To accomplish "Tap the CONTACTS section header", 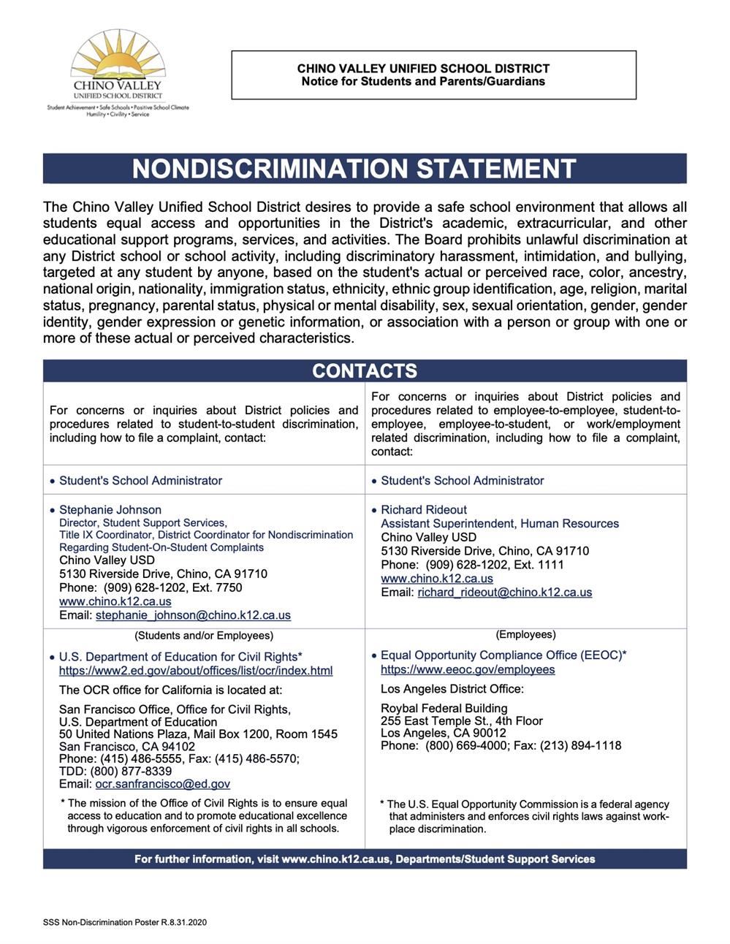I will tap(364, 370).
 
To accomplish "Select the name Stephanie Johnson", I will tap(110, 509).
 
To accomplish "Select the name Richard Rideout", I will tap(423, 509).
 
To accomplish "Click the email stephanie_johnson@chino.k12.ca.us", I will tap(193, 615).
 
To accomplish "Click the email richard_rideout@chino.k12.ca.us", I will tap(504, 592).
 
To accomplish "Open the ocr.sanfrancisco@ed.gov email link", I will tap(162, 783).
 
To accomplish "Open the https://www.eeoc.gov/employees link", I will tap(468, 669).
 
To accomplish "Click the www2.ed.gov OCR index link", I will tap(196, 670).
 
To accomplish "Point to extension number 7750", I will tap(229, 587).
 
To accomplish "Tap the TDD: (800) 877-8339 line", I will tap(115, 771).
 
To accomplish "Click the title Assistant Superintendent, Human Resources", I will tap(499, 523).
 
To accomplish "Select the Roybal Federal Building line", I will tap(444, 707).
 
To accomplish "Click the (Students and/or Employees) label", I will tap(204, 635).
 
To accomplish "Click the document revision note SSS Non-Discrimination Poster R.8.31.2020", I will tap(125, 922).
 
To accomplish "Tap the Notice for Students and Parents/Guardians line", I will tap(423, 81).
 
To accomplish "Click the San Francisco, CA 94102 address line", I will tap(127, 746).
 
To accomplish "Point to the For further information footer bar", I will tap(364, 859).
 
